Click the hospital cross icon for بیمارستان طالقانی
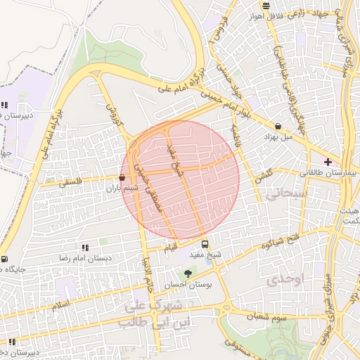[x=328, y=162]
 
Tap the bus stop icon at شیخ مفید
[x=205, y=245]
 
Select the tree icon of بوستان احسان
[x=187, y=274]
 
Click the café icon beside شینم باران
[x=123, y=179]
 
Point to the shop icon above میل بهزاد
[x=279, y=127]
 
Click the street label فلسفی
[x=70, y=181]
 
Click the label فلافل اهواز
[x=284, y=16]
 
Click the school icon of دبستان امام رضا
[x=85, y=247]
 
